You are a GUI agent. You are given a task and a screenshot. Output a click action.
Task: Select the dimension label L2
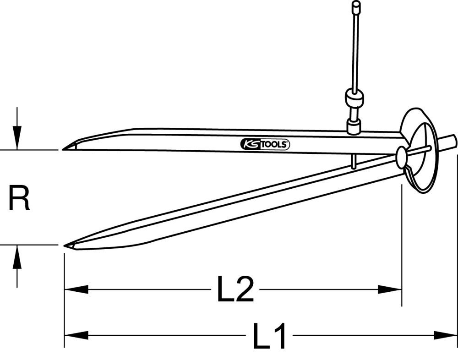point(235,289)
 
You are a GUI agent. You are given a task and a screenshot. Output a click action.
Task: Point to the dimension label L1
point(270,336)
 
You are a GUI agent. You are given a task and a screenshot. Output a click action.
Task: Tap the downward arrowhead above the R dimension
point(17,140)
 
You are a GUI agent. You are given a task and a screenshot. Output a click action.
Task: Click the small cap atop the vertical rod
point(355,7)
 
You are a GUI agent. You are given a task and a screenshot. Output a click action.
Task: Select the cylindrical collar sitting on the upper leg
point(354,126)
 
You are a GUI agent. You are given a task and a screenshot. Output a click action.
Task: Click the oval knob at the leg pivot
point(402,157)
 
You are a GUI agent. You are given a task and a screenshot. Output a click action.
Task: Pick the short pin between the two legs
point(354,161)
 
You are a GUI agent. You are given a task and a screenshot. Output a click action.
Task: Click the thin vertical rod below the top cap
point(355,50)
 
